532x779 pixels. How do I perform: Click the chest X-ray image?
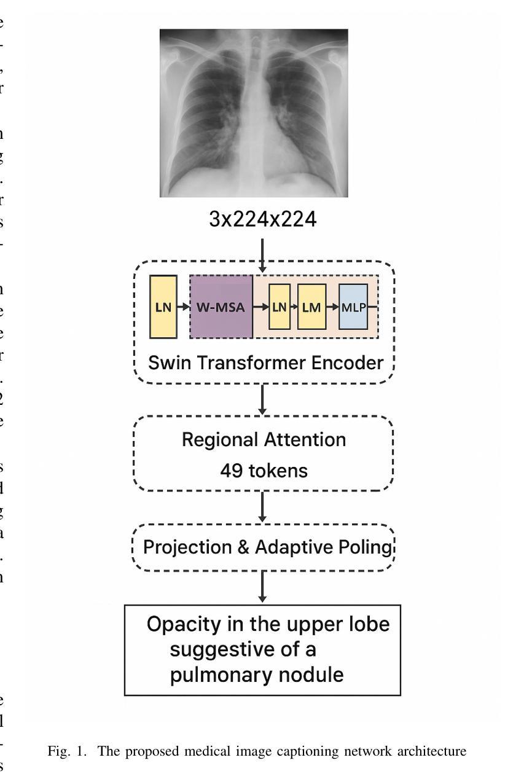point(254,113)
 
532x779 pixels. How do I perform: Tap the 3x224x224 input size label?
point(263,219)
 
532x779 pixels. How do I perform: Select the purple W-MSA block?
point(221,307)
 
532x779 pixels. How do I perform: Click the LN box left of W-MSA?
point(163,307)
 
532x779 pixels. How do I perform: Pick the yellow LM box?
point(311,307)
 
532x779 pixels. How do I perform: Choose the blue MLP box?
point(353,307)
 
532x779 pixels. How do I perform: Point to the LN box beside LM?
point(280,307)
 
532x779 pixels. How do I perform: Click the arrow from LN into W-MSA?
point(183,307)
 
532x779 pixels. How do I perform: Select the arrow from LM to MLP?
point(332,307)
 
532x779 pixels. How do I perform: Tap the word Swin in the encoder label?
point(166,362)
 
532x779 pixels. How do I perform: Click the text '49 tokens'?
point(264,471)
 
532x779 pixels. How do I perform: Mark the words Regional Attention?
point(264,440)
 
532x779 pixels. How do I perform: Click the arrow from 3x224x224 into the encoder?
point(263,255)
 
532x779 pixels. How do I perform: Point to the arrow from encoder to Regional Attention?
point(263,399)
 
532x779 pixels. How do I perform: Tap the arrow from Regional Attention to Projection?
point(263,507)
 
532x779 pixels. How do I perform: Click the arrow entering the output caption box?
point(263,587)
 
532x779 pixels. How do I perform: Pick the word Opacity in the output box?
point(183,624)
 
